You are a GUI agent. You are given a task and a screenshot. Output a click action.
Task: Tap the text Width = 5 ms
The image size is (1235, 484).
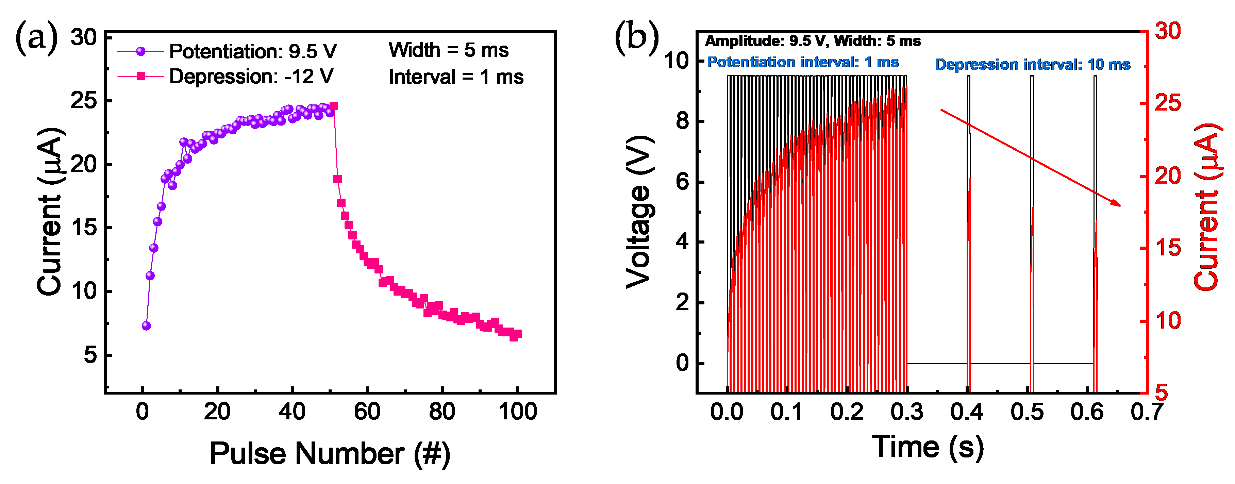click(x=448, y=50)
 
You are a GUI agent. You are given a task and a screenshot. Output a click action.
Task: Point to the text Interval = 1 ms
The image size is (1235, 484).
click(x=455, y=77)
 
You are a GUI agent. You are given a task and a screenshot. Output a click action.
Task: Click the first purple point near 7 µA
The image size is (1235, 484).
click(x=146, y=326)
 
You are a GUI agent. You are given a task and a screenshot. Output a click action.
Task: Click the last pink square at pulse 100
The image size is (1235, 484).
click(x=517, y=334)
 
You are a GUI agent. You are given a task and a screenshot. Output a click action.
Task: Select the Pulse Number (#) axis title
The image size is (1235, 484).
click(x=330, y=453)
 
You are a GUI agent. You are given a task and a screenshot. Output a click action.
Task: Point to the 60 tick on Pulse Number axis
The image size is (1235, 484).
click(x=367, y=412)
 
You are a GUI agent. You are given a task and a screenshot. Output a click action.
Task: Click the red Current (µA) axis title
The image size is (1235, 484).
click(x=1206, y=207)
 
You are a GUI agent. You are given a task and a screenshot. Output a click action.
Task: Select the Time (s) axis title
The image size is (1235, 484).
click(x=927, y=447)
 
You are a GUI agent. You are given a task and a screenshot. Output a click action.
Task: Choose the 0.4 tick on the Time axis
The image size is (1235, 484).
click(x=967, y=412)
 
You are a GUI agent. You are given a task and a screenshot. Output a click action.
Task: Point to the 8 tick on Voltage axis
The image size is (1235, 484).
click(x=682, y=121)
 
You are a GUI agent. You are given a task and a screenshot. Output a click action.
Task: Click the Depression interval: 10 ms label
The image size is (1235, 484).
click(x=1032, y=65)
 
